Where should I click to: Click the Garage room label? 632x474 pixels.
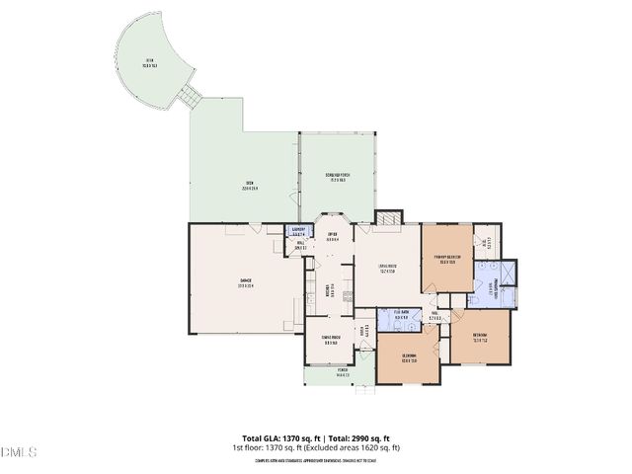tap(244, 283)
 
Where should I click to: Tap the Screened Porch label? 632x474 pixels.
tap(338, 178)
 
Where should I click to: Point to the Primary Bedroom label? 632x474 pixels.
tap(449, 260)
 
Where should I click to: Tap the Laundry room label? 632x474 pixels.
tap(299, 232)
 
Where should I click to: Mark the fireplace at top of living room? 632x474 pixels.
tap(392, 216)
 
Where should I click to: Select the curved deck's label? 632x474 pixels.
tap(150, 62)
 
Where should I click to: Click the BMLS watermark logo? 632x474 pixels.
tap(19, 453)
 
